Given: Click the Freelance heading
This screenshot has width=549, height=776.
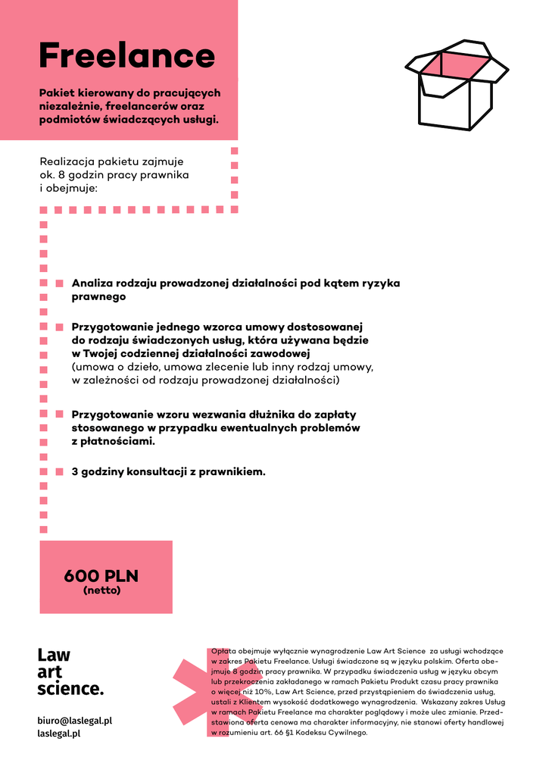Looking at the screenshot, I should click(x=127, y=55).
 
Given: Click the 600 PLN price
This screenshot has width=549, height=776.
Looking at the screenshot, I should click(x=101, y=576).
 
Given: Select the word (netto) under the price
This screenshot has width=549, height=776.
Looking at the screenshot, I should click(x=101, y=590).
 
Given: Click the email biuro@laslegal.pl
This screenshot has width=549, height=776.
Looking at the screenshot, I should click(x=75, y=721).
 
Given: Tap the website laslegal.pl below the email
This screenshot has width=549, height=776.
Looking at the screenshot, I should click(x=59, y=734).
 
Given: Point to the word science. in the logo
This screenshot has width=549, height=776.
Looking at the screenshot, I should click(x=70, y=689).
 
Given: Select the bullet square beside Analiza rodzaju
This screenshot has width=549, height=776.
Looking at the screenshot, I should click(x=59, y=283).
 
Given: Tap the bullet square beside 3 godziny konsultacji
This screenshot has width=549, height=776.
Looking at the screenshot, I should click(x=59, y=471).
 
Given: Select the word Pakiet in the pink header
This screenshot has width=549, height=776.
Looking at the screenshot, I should click(x=57, y=92).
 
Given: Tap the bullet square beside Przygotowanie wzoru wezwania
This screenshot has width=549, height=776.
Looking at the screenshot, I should click(x=59, y=415).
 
